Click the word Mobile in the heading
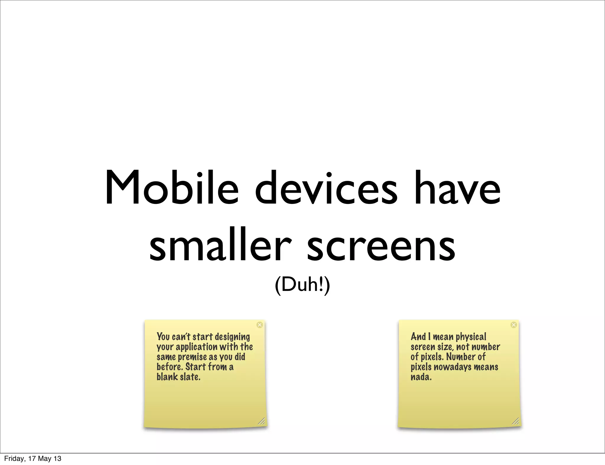click(x=172, y=188)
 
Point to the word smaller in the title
click(x=220, y=245)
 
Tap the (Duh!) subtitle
click(x=302, y=285)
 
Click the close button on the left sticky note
click(x=260, y=325)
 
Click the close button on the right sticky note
click(x=514, y=325)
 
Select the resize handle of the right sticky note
click(x=515, y=421)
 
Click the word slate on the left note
click(x=190, y=377)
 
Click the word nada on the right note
click(x=421, y=377)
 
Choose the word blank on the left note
click(x=167, y=377)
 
